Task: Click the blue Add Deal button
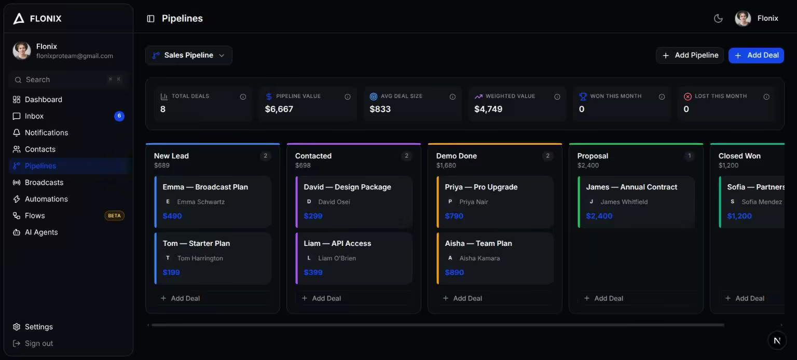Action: coord(756,56)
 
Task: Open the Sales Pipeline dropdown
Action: coord(188,56)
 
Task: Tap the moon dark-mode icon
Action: coord(718,19)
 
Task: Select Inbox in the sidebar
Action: coord(34,116)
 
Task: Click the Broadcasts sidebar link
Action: coord(44,183)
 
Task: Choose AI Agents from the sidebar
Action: coord(42,232)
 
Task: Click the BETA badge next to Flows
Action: coord(114,216)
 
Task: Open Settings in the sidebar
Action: coord(39,327)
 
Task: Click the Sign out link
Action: coord(39,343)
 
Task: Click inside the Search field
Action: coord(67,80)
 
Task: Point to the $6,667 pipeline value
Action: coord(279,109)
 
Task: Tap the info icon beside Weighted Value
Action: coord(557,97)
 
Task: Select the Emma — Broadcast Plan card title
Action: coord(205,187)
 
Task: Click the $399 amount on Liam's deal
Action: coord(313,272)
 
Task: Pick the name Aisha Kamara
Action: coord(479,258)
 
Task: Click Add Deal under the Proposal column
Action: coord(604,298)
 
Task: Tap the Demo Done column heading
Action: coord(457,156)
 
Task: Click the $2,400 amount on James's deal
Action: coord(599,216)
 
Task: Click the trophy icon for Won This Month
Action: coord(583,96)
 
